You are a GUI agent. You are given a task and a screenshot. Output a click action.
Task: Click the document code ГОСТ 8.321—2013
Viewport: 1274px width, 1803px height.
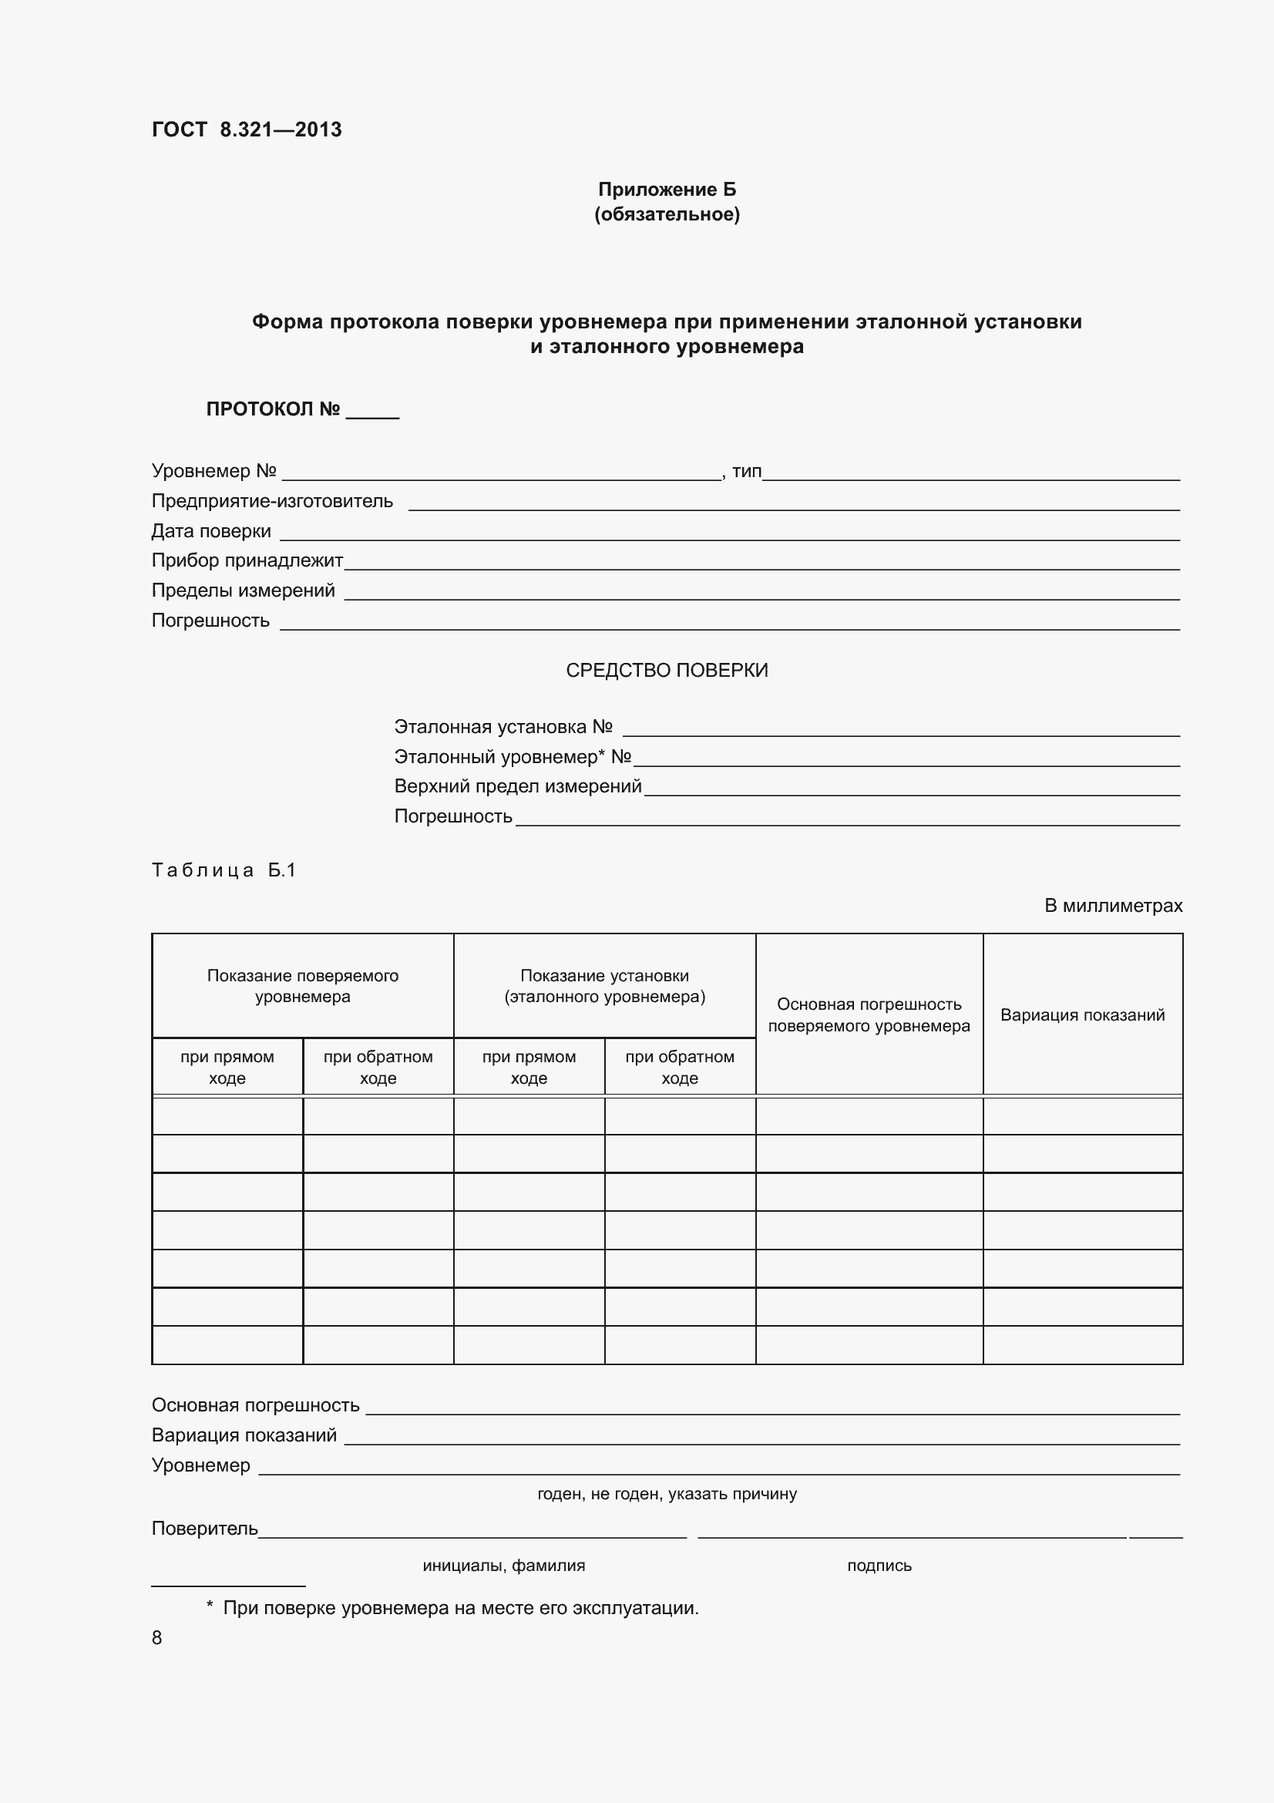coord(247,130)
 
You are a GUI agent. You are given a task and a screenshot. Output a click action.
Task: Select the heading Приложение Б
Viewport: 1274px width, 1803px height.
coord(667,190)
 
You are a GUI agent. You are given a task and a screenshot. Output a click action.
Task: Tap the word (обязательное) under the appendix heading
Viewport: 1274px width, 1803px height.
coord(667,214)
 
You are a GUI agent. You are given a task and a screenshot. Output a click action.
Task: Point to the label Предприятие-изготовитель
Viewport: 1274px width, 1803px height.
coord(271,501)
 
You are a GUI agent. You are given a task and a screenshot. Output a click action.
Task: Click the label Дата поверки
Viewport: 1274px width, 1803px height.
coord(210,531)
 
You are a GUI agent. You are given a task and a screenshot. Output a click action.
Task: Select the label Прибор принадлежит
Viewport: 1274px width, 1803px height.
coord(247,560)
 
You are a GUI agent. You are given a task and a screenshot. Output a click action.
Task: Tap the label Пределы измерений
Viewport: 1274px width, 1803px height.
coord(243,590)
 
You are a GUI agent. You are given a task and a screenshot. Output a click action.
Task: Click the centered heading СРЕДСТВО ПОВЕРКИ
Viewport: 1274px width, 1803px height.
coord(667,670)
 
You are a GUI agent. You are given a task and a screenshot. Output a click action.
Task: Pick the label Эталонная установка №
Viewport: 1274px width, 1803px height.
coord(503,726)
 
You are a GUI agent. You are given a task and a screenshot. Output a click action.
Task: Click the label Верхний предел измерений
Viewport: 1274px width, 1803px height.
coord(517,786)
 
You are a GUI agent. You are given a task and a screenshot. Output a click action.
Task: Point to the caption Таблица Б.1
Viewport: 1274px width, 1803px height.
coord(223,870)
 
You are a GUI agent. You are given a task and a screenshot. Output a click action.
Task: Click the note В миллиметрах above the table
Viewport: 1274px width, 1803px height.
coord(1112,906)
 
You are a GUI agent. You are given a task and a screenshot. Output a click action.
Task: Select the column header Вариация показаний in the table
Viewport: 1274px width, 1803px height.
coord(1081,1014)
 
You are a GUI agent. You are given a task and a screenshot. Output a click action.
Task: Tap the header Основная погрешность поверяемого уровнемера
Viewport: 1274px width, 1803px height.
coord(868,1014)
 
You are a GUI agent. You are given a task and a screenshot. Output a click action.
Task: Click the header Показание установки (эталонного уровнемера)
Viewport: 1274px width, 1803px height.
coord(603,986)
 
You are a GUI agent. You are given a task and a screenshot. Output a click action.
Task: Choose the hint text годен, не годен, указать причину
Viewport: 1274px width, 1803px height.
coord(667,1494)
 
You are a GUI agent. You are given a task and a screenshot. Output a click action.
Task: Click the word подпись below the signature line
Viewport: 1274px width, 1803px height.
coord(879,1565)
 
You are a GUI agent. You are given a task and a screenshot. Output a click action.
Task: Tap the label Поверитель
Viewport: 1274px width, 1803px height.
coord(204,1528)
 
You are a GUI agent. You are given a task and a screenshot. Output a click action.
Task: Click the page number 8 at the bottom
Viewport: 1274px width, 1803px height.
coord(157,1637)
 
